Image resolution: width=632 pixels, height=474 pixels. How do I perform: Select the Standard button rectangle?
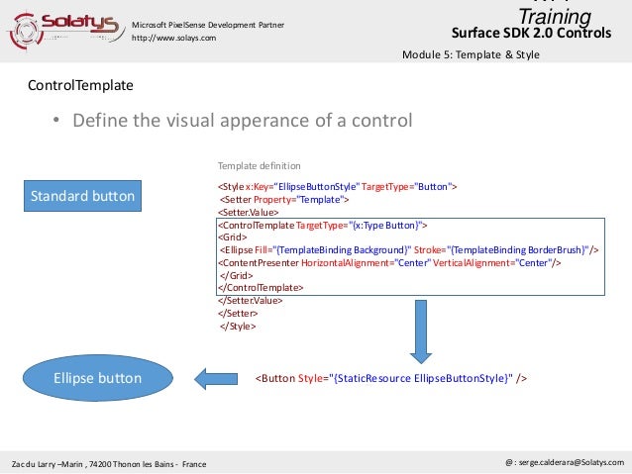[x=82, y=196]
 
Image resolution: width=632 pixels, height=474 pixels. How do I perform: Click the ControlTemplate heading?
[x=80, y=86]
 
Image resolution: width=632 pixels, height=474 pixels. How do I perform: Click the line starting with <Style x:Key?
[x=337, y=186]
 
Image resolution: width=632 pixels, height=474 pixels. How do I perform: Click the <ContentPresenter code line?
[x=390, y=263]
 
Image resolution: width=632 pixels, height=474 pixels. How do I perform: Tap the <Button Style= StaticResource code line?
[x=391, y=378]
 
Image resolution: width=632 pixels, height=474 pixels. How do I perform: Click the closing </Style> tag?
[x=239, y=325]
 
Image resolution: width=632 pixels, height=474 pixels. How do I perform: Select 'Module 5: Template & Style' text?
[x=471, y=54]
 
